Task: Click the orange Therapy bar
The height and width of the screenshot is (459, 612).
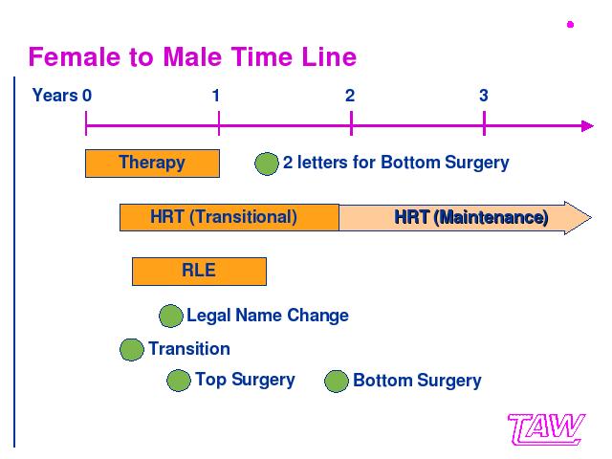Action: point(152,164)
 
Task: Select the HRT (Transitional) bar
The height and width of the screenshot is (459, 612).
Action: point(229,217)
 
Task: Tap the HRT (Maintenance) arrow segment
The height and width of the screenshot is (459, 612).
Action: point(466,217)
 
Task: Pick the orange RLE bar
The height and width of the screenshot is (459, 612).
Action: point(199,272)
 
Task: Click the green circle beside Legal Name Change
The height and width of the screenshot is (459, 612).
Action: point(171,316)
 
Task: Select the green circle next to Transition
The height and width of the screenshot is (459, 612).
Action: point(132,349)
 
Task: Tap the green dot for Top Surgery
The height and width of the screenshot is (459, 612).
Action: point(179,381)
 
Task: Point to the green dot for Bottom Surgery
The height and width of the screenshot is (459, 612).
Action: point(337,381)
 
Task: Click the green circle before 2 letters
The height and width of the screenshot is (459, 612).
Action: point(267,164)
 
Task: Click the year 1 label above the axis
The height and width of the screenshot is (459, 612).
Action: point(216,96)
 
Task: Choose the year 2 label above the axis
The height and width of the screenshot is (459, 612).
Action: point(350,96)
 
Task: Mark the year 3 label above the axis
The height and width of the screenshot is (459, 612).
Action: point(484,96)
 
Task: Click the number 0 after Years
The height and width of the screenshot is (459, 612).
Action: point(87,96)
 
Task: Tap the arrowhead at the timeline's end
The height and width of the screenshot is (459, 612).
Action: point(587,126)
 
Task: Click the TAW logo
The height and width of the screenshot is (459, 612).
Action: point(546,429)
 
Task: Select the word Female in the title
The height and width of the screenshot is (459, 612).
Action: point(75,57)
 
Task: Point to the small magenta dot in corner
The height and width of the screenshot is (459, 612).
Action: point(570,25)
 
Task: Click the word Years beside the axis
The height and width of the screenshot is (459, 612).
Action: point(55,96)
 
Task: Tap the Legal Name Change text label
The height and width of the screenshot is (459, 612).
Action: point(268,316)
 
